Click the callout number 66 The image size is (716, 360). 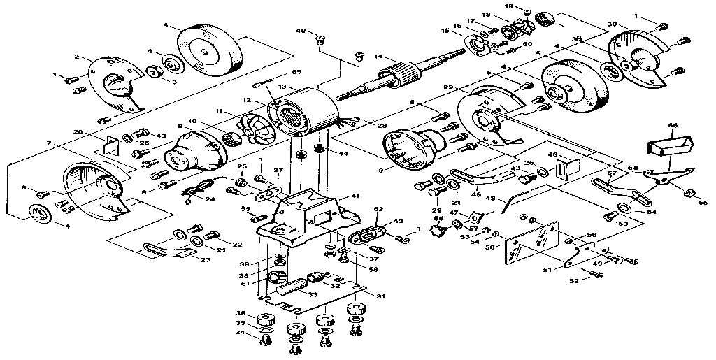pyautogui.click(x=673, y=126)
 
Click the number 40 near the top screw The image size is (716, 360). pyautogui.click(x=301, y=31)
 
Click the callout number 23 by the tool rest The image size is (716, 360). pyautogui.click(x=206, y=259)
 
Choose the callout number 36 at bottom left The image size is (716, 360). pyautogui.click(x=240, y=312)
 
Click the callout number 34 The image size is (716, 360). pyautogui.click(x=240, y=333)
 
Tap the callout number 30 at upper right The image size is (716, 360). pyautogui.click(x=612, y=24)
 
